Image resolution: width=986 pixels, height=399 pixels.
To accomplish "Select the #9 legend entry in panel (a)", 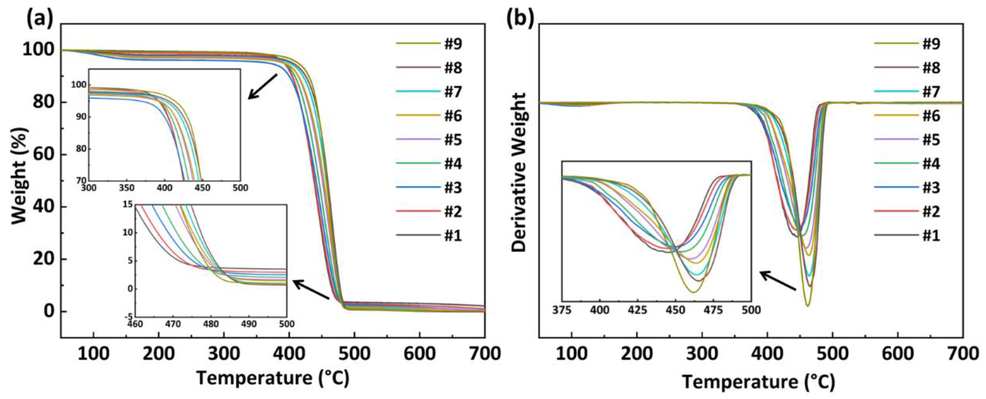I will click(453, 44).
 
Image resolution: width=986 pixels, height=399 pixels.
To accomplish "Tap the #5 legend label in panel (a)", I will click(453, 140).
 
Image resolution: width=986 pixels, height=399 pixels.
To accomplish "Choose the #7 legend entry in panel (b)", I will click(931, 92).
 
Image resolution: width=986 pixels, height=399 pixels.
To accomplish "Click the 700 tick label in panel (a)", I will click(485, 354).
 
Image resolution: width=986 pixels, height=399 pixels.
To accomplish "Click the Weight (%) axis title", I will click(20, 176).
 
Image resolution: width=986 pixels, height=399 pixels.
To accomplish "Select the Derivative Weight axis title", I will click(519, 172).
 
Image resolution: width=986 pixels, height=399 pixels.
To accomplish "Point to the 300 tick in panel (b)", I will click(702, 354).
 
